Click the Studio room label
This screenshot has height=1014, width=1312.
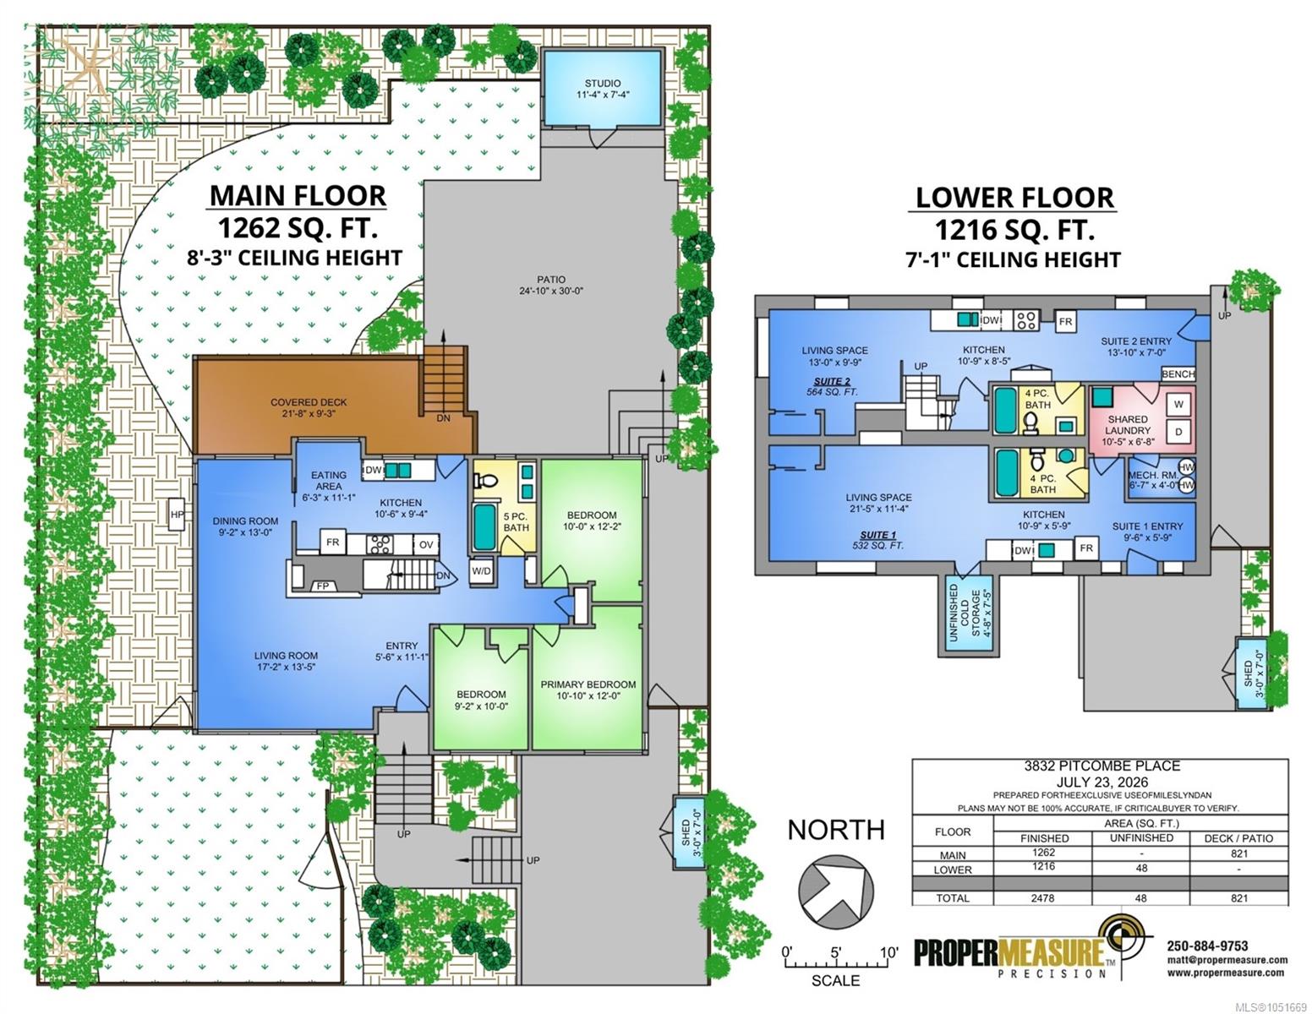[602, 89]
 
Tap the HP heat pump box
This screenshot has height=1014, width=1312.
[177, 514]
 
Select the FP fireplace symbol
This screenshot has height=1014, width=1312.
[322, 586]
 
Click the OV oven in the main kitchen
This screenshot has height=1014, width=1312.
[426, 544]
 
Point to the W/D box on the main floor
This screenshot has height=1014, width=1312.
[481, 570]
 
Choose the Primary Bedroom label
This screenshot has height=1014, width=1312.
[588, 690]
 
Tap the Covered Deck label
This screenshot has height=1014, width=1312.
[309, 408]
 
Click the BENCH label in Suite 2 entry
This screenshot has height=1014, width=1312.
[1178, 374]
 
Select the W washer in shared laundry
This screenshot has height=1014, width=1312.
[1178, 405]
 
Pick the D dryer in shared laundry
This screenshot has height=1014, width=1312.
[1178, 432]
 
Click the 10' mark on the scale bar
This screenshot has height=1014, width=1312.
[888, 953]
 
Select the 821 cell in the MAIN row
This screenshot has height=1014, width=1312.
[1238, 853]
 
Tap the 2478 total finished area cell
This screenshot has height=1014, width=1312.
[1042, 898]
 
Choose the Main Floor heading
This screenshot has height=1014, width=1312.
[298, 196]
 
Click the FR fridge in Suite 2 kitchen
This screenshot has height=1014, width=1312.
[1065, 321]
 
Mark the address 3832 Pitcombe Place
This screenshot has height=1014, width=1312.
[1102, 766]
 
